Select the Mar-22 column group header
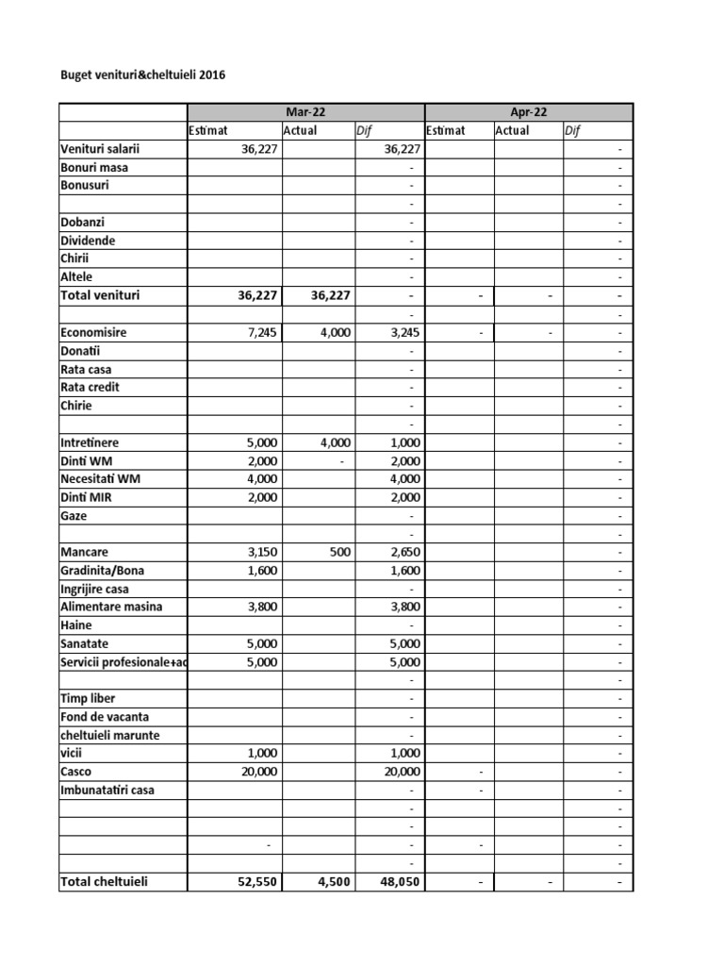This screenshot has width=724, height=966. [306, 112]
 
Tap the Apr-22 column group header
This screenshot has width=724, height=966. [529, 112]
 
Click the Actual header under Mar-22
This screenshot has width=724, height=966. [300, 130]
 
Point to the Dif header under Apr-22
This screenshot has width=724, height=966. [572, 130]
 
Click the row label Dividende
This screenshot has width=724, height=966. [88, 241]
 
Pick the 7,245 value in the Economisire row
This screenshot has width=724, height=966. [259, 333]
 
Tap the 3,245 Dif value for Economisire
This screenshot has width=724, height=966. [403, 333]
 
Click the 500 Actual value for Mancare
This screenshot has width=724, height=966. [338, 552]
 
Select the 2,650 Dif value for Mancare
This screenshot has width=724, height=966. [403, 552]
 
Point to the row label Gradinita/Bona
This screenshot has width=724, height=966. [103, 570]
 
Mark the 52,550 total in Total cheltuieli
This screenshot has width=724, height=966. [255, 883]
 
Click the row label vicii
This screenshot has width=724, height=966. [72, 753]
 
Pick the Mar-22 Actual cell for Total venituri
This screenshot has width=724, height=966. [329, 296]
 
